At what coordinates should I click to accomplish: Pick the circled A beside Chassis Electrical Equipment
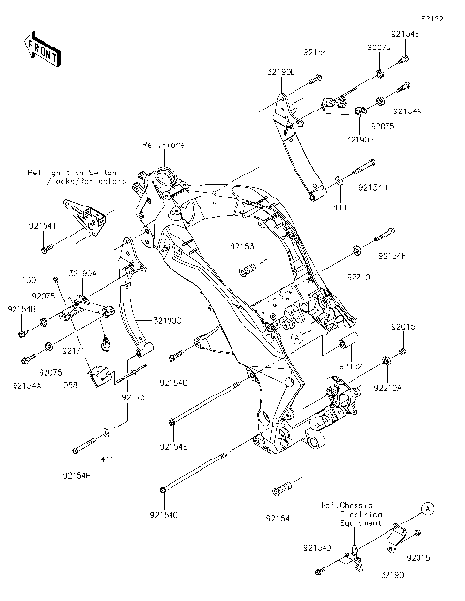pyautogui.click(x=425, y=507)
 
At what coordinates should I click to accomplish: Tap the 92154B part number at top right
pyautogui.click(x=406, y=34)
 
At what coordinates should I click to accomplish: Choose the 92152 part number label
pyautogui.click(x=350, y=366)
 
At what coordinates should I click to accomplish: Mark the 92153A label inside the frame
pyautogui.click(x=244, y=247)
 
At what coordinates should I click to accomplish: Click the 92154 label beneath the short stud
pyautogui.click(x=278, y=518)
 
